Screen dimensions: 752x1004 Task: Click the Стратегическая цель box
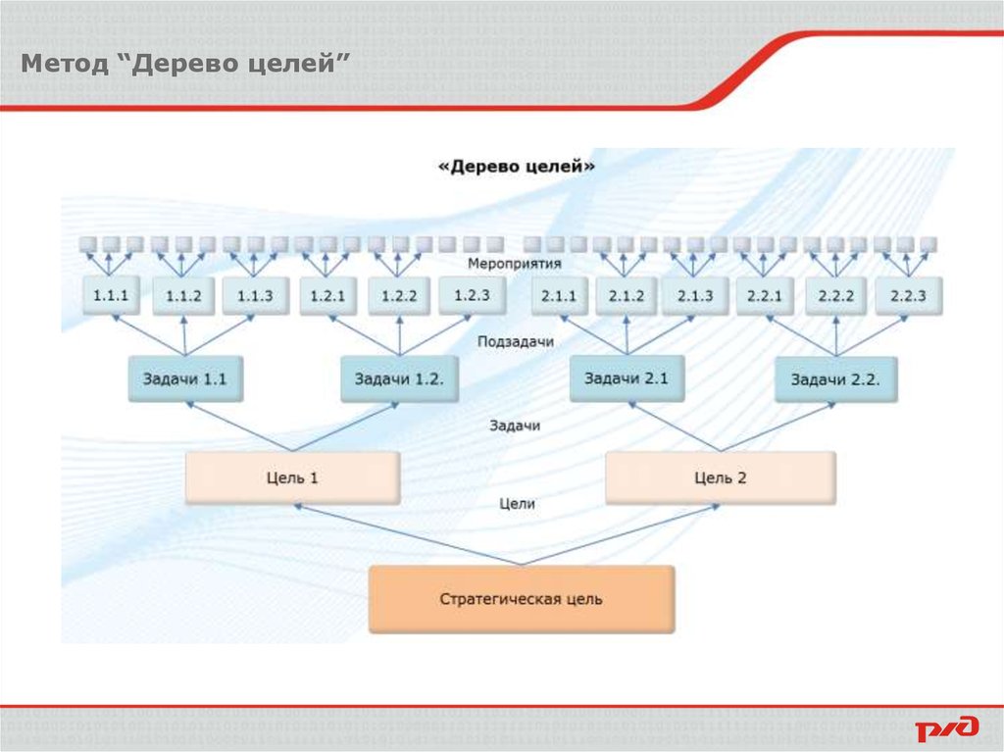522,598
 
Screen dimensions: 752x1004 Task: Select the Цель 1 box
292,478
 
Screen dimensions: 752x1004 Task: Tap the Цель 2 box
721,478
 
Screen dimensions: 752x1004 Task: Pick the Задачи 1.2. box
399,378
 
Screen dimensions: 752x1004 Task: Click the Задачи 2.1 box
627,377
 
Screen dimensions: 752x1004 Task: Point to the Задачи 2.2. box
836,378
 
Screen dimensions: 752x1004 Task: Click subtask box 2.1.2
626,295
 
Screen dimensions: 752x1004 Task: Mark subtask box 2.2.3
908,295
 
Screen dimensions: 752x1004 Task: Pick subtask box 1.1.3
254,295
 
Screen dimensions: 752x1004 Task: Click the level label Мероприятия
514,265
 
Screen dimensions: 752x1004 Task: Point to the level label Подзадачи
516,342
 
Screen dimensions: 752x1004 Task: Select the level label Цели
517,504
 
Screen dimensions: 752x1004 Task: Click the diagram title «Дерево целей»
517,167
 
